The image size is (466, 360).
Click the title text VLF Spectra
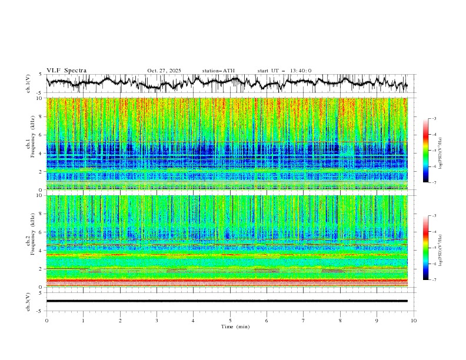66,71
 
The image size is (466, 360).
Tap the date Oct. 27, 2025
164,71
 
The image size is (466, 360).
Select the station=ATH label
218,71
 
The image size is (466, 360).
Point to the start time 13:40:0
301,71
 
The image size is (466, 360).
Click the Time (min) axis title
230,326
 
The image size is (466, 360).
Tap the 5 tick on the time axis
230,321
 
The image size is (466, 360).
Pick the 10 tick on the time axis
414,321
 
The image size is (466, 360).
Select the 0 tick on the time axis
46,321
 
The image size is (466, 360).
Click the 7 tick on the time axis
304,321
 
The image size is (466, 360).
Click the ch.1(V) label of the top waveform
28,84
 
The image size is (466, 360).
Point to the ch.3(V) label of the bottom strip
28,301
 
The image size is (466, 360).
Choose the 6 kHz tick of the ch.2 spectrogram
40,232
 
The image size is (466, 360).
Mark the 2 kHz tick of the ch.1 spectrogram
40,172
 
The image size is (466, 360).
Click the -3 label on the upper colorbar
434,119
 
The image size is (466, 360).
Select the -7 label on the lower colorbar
434,280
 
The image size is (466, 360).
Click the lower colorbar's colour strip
425,248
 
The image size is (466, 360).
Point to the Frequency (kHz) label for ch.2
32,241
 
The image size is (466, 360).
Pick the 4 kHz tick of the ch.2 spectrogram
40,251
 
